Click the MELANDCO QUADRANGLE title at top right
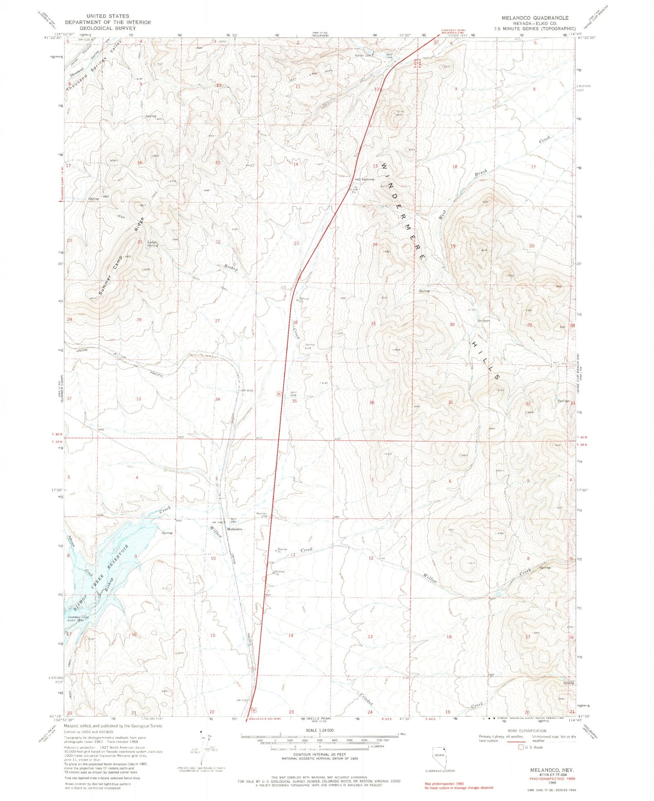click(x=535, y=18)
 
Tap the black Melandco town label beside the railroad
click(x=234, y=529)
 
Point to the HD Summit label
click(x=365, y=179)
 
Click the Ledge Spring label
click(x=153, y=243)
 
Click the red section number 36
click(x=372, y=402)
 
